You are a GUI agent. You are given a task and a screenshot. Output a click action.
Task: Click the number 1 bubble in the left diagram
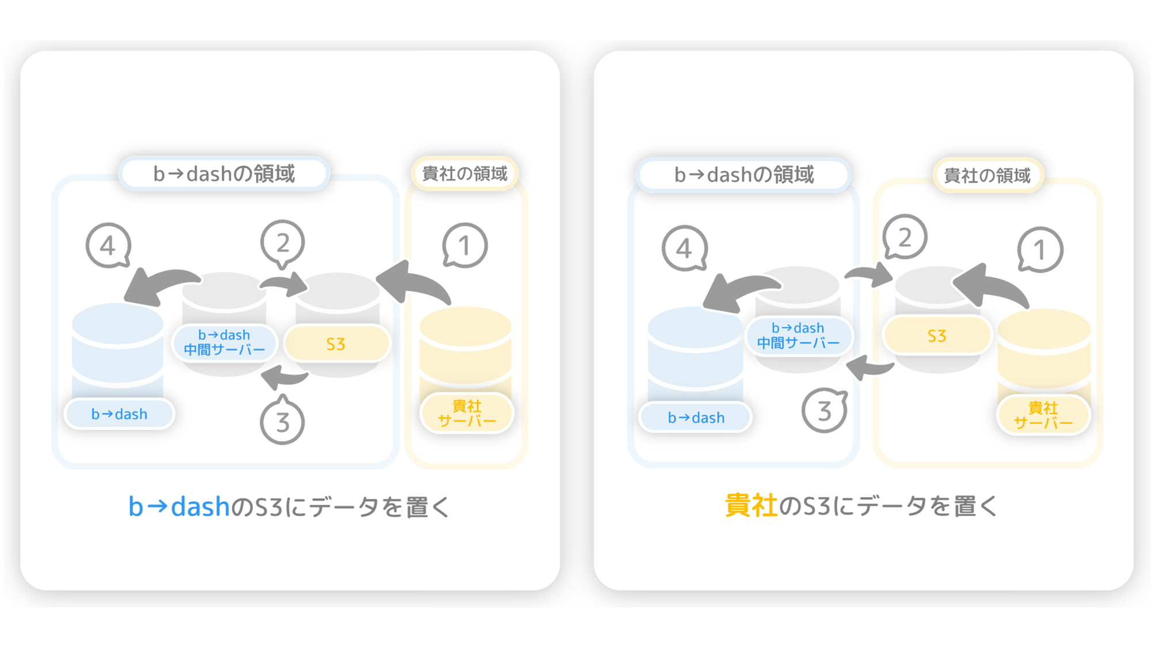click(465, 245)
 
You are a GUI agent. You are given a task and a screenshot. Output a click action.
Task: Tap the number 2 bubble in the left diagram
click(282, 244)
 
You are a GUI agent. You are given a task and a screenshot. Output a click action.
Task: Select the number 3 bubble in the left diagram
click(282, 420)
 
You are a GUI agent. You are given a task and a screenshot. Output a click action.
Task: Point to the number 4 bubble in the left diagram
click(108, 246)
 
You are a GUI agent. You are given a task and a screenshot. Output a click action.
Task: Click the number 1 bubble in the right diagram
click(1040, 249)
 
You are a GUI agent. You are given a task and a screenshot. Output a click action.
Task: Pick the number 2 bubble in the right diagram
click(905, 237)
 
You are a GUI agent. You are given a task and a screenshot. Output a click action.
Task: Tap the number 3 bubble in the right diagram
click(825, 411)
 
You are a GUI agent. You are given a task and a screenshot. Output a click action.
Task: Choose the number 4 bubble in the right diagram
click(684, 248)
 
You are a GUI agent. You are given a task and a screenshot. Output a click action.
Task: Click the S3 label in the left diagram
click(337, 344)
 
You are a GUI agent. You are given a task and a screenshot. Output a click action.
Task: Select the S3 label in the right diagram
click(937, 336)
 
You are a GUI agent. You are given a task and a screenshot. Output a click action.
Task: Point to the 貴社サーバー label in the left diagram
click(467, 413)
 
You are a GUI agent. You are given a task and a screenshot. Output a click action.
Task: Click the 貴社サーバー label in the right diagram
click(1043, 415)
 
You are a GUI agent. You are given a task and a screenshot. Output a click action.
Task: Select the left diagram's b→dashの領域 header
click(224, 173)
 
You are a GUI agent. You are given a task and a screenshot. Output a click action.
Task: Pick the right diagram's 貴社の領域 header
click(988, 175)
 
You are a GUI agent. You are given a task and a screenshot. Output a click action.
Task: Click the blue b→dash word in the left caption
click(179, 507)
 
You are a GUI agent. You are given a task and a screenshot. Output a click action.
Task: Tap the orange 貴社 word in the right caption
click(751, 506)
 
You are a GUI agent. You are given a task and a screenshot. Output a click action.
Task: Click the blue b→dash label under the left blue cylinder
click(119, 414)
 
